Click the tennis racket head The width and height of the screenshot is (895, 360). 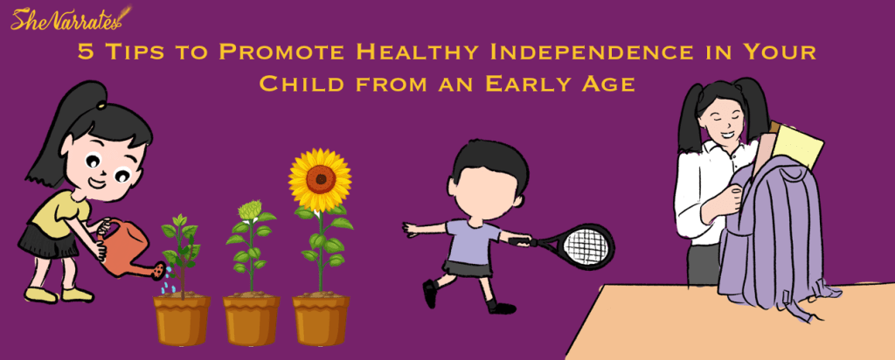pyautogui.click(x=585, y=245)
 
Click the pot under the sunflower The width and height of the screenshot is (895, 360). pyautogui.click(x=321, y=318)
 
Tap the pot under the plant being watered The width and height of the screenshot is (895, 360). pyautogui.click(x=182, y=319)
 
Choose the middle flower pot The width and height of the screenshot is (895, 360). pyautogui.click(x=251, y=319)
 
